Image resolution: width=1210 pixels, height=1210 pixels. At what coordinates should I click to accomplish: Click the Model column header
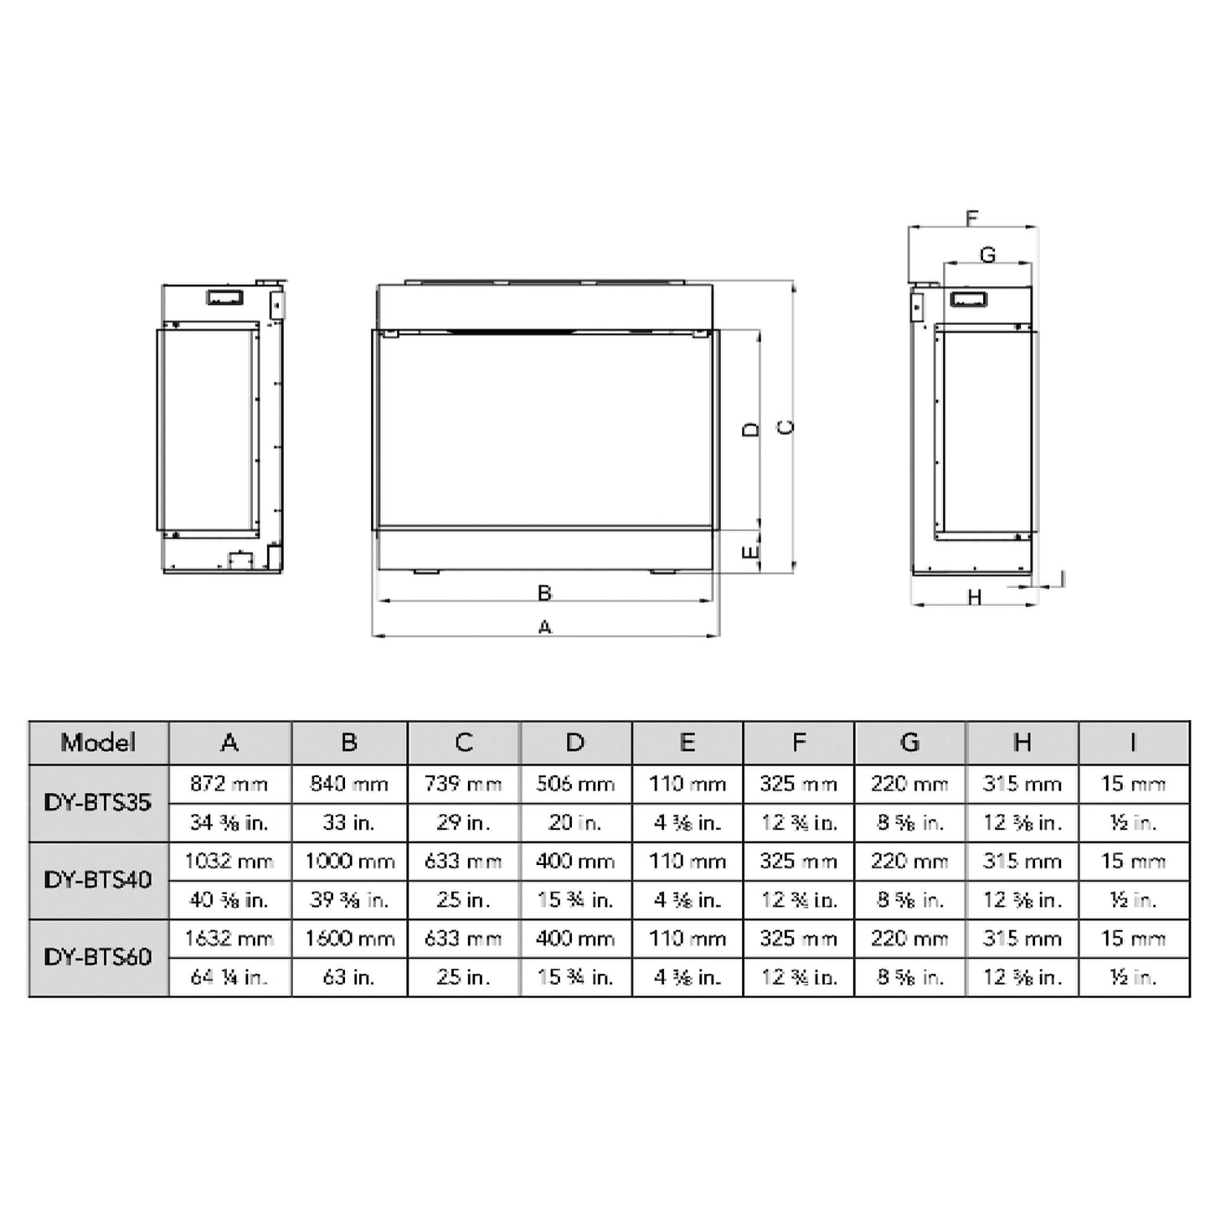(x=98, y=742)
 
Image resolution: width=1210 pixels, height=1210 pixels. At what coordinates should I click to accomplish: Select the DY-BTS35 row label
(x=98, y=802)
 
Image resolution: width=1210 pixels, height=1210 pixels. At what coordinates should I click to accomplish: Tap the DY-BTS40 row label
(x=98, y=879)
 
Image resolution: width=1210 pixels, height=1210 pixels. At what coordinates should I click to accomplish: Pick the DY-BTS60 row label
(x=98, y=956)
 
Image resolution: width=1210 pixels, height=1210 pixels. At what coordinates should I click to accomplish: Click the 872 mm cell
(x=229, y=784)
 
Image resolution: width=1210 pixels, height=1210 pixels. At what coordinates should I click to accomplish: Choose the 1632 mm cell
(x=229, y=938)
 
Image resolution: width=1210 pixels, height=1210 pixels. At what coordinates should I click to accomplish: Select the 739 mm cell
(x=463, y=784)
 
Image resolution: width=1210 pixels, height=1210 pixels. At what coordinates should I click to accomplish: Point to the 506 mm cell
(x=575, y=784)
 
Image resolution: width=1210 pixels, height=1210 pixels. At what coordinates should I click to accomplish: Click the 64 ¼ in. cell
(x=229, y=976)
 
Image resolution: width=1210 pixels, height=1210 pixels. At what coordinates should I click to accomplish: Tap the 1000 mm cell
(x=349, y=861)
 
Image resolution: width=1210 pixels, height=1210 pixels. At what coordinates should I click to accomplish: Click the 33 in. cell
(x=349, y=822)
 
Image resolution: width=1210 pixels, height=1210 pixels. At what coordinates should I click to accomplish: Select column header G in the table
(x=909, y=742)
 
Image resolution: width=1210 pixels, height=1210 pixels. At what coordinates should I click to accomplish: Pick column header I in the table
(x=1133, y=742)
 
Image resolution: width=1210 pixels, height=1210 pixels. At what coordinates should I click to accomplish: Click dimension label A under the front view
(x=545, y=626)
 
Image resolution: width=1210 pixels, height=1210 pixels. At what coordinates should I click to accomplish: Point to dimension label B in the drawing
(x=545, y=593)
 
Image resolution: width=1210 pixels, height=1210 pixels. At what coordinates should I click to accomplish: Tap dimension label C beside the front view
(x=786, y=427)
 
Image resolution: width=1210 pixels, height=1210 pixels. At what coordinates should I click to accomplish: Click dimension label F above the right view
(x=971, y=219)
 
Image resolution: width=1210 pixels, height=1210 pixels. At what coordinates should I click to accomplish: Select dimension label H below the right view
(x=975, y=597)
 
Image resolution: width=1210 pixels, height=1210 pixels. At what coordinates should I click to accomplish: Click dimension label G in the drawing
(x=988, y=255)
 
